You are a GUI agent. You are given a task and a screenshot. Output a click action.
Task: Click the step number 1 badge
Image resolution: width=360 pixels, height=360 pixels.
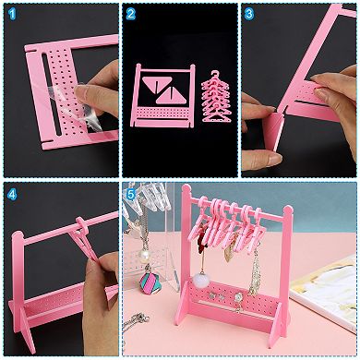click(x=11, y=13)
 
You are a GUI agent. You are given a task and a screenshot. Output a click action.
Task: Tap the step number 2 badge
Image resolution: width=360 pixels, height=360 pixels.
click(x=131, y=13)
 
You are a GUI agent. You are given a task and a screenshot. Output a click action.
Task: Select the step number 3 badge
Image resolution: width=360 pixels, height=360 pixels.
click(x=250, y=13)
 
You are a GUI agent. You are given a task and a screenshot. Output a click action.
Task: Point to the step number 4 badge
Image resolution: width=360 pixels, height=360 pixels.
click(x=11, y=194)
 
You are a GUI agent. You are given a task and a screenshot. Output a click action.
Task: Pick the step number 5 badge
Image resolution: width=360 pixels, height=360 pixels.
click(x=131, y=194)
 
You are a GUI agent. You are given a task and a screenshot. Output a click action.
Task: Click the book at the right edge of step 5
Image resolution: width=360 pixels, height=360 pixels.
click(x=328, y=295)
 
